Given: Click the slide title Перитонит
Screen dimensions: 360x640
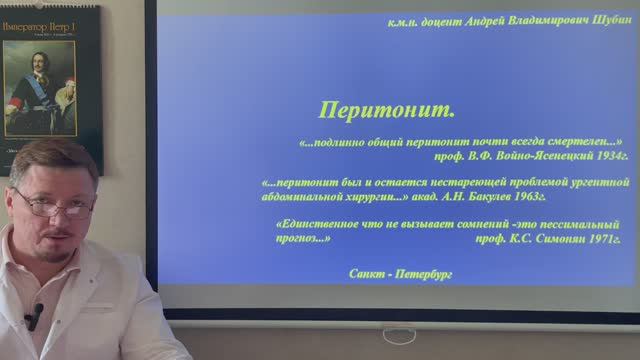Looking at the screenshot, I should pyautogui.click(x=386, y=108).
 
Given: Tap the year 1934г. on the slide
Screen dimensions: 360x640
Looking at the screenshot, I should pyautogui.click(x=607, y=157).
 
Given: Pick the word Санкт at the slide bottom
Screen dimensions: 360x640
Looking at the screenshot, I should pyautogui.click(x=370, y=272).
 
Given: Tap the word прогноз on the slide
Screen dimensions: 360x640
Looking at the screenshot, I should pyautogui.click(x=302, y=240).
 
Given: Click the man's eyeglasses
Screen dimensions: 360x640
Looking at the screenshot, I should pyautogui.click(x=56, y=206).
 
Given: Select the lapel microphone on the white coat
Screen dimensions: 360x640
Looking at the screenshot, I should pyautogui.click(x=34, y=317).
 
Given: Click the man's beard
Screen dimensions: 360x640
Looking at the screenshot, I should pyautogui.click(x=62, y=246).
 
